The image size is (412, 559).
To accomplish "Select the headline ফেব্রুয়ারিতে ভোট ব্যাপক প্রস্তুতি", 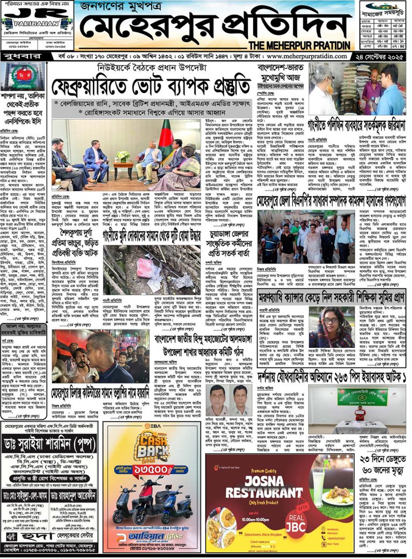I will (151, 86).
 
